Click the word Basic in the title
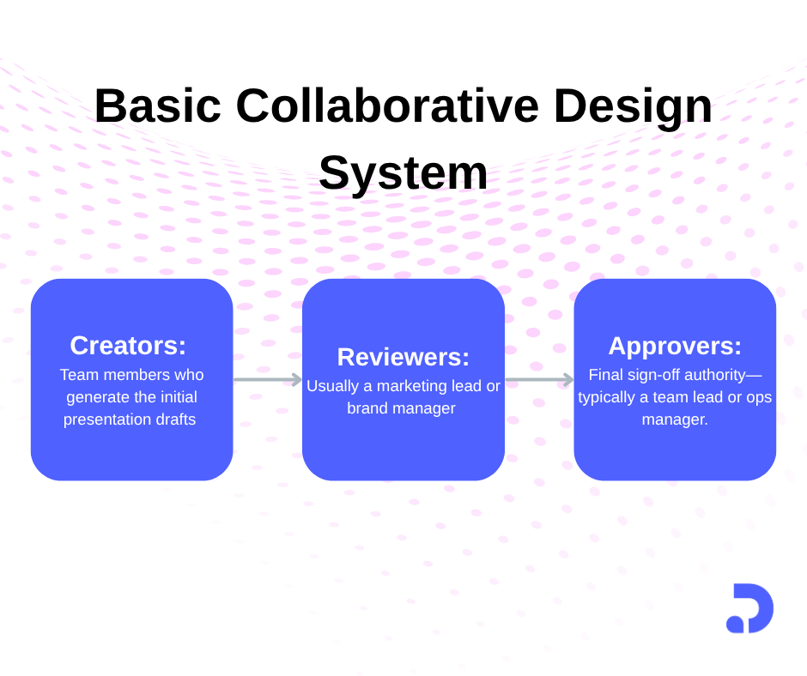point(157,106)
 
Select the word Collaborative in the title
point(387,106)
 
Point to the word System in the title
point(403,173)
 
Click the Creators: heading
point(128,345)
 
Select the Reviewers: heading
point(403,357)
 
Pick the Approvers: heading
point(675,346)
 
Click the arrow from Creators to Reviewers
point(267,379)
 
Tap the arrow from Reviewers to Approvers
point(539,379)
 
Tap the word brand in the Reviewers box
point(365,408)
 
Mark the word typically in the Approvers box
point(608,398)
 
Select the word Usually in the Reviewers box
point(331,386)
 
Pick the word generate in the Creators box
point(96,397)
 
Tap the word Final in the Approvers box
point(605,375)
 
